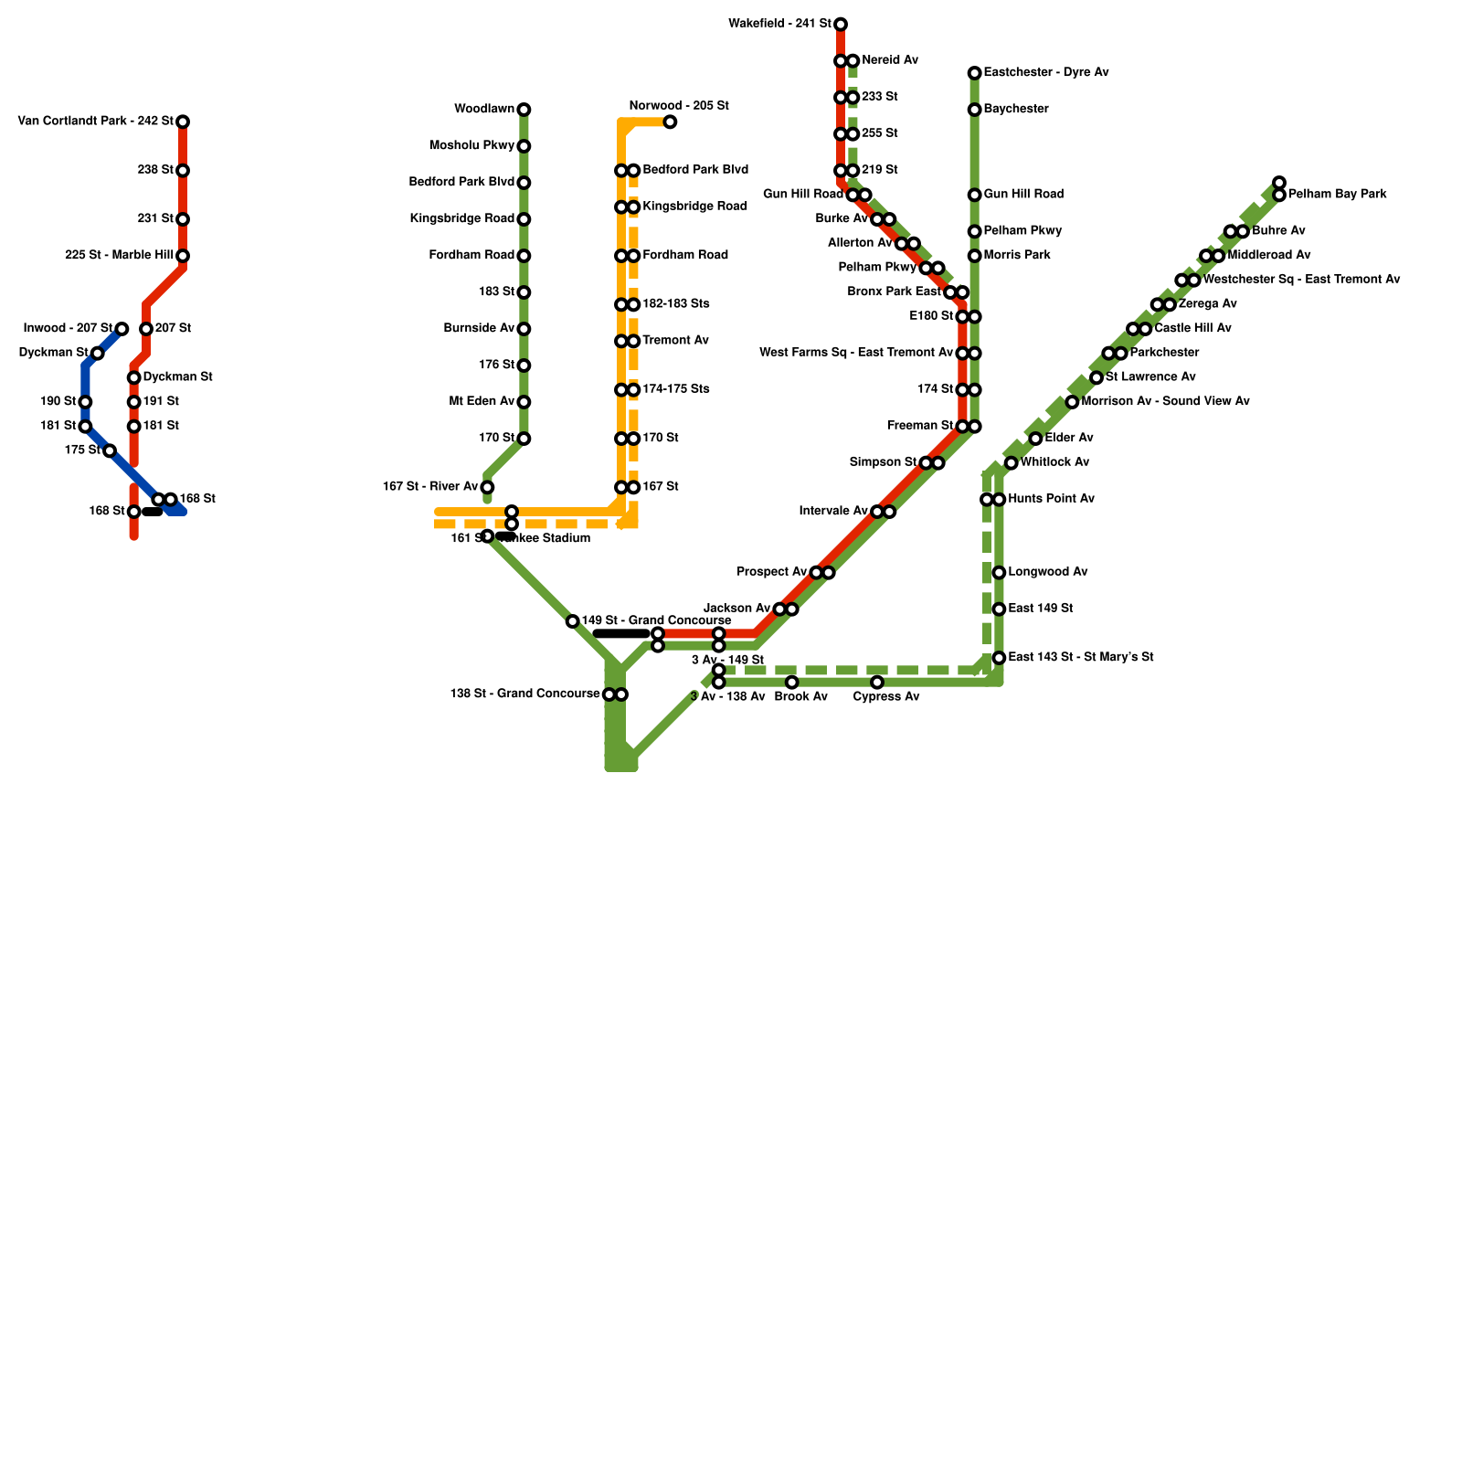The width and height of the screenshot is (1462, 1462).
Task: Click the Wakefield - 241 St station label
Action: [x=779, y=24]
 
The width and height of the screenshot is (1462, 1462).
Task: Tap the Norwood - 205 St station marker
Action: [x=670, y=122]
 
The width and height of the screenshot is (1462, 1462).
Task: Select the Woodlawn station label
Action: [x=484, y=110]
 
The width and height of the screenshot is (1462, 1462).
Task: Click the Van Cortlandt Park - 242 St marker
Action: [x=183, y=122]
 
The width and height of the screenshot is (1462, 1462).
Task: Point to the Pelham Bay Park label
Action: [x=1337, y=195]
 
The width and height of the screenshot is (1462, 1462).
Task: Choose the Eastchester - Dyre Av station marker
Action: [x=975, y=73]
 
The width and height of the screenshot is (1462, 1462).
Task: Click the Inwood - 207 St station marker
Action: [x=122, y=329]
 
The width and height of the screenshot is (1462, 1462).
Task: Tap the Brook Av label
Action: [x=800, y=697]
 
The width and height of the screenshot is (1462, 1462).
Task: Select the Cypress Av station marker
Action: [x=877, y=683]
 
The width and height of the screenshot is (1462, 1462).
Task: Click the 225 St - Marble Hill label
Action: [x=120, y=256]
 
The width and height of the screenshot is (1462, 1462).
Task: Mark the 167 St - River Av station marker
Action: [x=487, y=487]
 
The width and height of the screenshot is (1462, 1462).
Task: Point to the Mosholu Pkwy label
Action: [x=472, y=146]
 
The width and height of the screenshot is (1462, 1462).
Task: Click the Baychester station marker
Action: [x=975, y=110]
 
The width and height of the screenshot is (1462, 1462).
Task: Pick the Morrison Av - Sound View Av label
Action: [x=1165, y=402]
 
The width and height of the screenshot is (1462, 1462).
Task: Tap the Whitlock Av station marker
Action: [x=1012, y=463]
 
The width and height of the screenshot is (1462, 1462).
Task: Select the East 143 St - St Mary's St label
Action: [x=1081, y=658]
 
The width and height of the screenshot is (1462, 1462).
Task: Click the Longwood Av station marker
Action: [x=999, y=573]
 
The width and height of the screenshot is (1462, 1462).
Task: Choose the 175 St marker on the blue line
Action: [x=110, y=450]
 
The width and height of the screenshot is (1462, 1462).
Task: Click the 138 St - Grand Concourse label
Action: [x=524, y=694]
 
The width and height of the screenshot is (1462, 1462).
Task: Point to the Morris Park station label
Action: [x=1017, y=256]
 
